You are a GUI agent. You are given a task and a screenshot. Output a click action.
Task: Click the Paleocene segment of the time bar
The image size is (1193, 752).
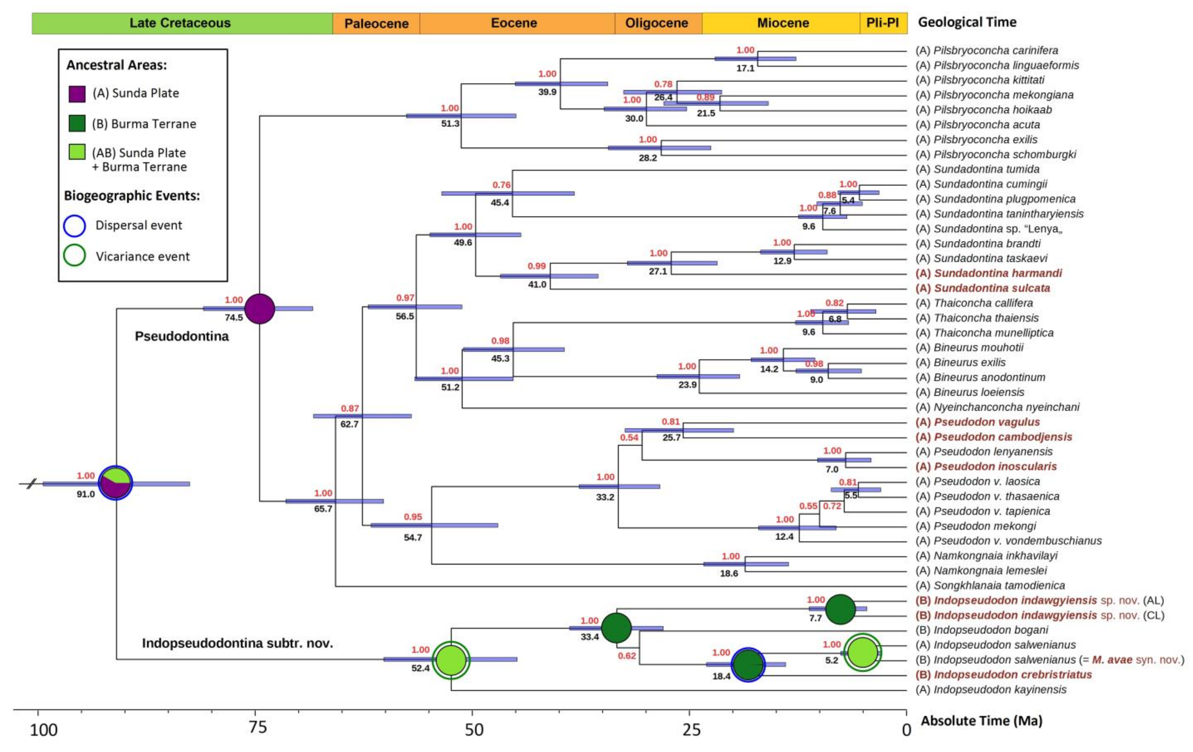point(376,23)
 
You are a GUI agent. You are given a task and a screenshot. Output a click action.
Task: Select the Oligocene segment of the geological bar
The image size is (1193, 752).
point(657,23)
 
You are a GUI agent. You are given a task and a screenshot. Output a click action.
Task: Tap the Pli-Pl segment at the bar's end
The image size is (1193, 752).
point(883,23)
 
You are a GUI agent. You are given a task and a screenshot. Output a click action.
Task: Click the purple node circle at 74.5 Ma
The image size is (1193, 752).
point(260,308)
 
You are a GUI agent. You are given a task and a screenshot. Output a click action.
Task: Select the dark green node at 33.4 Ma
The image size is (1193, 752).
point(616,628)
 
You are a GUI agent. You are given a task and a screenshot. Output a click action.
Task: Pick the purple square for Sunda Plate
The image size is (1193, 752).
point(77,94)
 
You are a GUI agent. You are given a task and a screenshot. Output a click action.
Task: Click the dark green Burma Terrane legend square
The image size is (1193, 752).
point(77,124)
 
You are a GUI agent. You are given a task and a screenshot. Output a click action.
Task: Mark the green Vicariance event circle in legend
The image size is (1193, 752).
point(74,256)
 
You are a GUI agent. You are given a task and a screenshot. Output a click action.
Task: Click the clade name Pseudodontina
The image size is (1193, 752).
point(182,337)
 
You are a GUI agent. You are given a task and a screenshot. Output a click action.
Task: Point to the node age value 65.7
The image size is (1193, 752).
point(323,509)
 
